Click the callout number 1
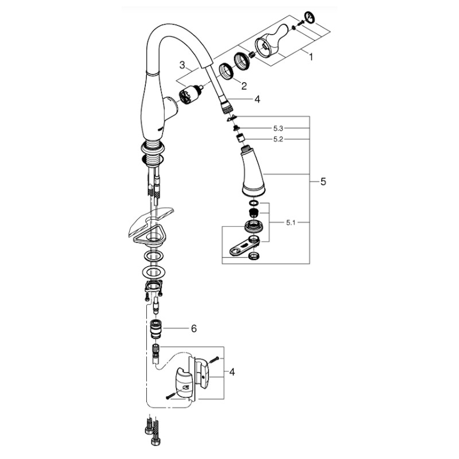point(311,57)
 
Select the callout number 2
point(244,85)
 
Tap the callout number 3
point(182,65)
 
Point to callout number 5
point(323,181)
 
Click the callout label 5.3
point(278,128)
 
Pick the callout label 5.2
point(278,139)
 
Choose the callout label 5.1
point(290,223)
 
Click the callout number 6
point(194,329)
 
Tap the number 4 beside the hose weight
point(232,372)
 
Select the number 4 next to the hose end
point(257,99)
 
